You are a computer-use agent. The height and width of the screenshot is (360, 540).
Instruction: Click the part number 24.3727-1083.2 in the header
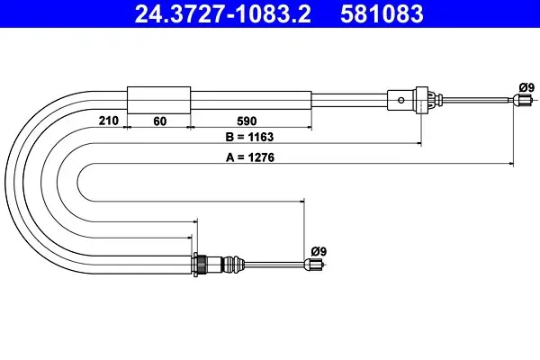pyautogui.click(x=222, y=13)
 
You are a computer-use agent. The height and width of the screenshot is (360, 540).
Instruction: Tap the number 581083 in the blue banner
pyautogui.click(x=382, y=13)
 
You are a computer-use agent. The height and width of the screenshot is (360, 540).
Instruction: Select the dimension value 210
pyautogui.click(x=109, y=121)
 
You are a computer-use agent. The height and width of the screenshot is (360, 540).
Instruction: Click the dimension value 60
pyautogui.click(x=160, y=121)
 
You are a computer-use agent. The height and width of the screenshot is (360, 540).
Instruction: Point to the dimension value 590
pyautogui.click(x=247, y=121)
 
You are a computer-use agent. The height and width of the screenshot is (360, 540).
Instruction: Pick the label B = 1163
pyautogui.click(x=249, y=137)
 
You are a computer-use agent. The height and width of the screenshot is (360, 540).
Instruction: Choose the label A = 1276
pyautogui.click(x=250, y=157)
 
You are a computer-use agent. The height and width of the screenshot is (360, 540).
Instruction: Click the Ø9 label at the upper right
pyautogui.click(x=526, y=87)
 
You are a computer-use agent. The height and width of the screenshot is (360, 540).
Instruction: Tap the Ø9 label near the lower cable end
pyautogui.click(x=319, y=251)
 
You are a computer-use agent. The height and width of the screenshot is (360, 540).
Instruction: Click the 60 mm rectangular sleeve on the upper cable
pyautogui.click(x=158, y=100)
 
